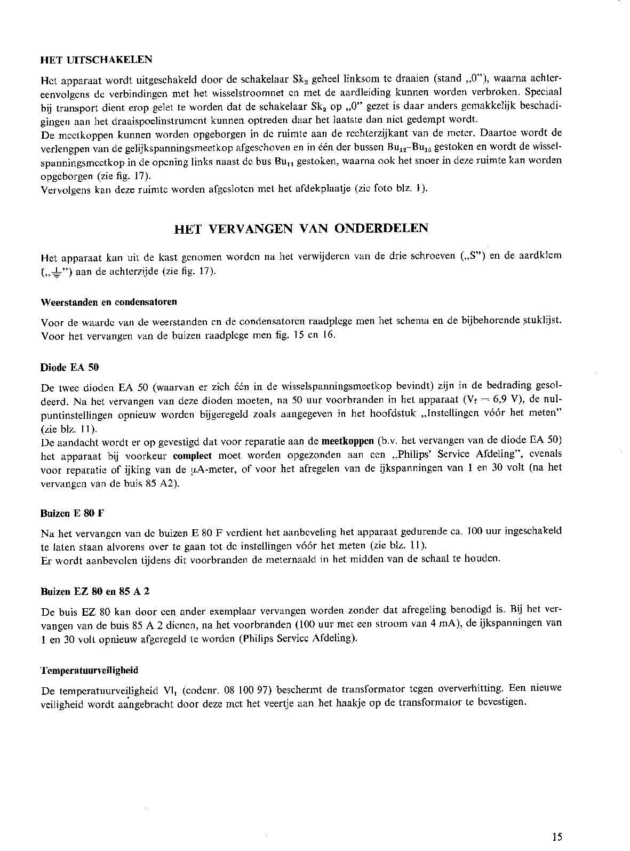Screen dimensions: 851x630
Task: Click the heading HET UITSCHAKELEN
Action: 96,60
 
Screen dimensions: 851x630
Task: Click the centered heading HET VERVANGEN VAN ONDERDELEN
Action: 301,229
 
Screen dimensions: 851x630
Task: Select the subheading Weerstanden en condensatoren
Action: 109,302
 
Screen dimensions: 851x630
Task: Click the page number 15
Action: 557,837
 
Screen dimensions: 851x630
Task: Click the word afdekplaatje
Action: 313,188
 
